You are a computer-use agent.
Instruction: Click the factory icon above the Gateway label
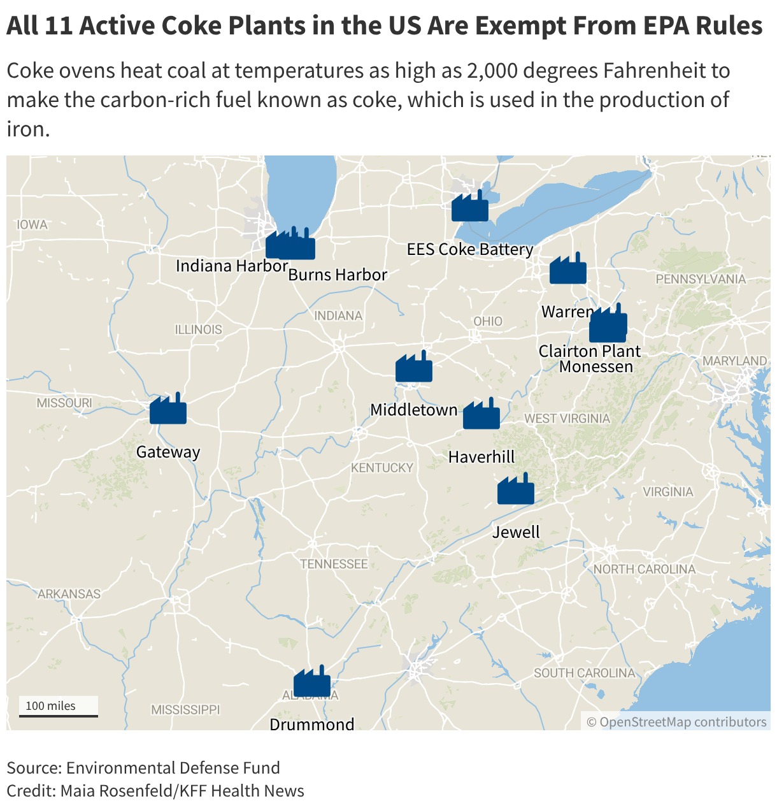tap(168, 410)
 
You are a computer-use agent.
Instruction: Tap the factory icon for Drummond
tap(312, 682)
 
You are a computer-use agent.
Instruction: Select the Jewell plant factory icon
tap(516, 490)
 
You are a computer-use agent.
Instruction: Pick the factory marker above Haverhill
tap(481, 415)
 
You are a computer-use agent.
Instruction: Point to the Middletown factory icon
tap(414, 368)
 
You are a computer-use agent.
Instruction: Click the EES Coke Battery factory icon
tap(470, 207)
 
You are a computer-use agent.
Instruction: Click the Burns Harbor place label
tap(338, 275)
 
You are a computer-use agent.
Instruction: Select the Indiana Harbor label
tap(232, 266)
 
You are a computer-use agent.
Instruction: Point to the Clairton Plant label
tap(590, 351)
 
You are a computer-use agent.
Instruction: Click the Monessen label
tap(596, 366)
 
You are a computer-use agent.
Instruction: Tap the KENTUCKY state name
tap(382, 468)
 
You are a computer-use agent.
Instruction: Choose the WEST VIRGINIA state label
tap(567, 419)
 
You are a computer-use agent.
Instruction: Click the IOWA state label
tap(32, 224)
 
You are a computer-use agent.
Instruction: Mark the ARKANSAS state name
tap(69, 594)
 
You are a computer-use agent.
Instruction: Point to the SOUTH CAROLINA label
tap(584, 673)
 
